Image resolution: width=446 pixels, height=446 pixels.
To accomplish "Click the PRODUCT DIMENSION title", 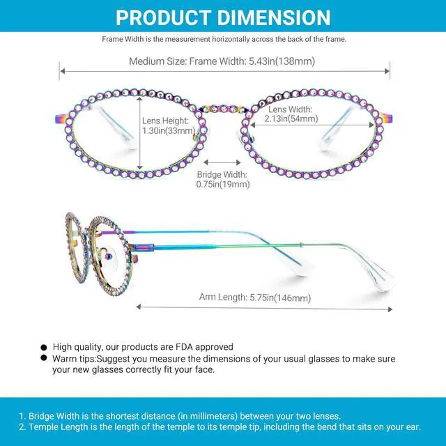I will [x=223, y=17].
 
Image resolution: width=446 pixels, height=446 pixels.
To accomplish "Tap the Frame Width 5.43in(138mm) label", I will [x=222, y=61].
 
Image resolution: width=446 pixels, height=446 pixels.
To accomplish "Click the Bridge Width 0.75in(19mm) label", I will [x=223, y=179].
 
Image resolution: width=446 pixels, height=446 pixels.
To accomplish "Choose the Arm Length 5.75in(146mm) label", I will [x=255, y=298].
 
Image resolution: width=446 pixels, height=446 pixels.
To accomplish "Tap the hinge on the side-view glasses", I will [x=143, y=246].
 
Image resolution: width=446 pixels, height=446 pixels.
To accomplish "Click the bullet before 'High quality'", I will [x=45, y=347].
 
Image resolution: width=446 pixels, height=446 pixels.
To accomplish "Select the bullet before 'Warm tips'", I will [x=45, y=358].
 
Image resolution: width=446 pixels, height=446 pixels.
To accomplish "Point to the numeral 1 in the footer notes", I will [x=21, y=416].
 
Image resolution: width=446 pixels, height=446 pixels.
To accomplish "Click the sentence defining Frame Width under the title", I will [x=224, y=40].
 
